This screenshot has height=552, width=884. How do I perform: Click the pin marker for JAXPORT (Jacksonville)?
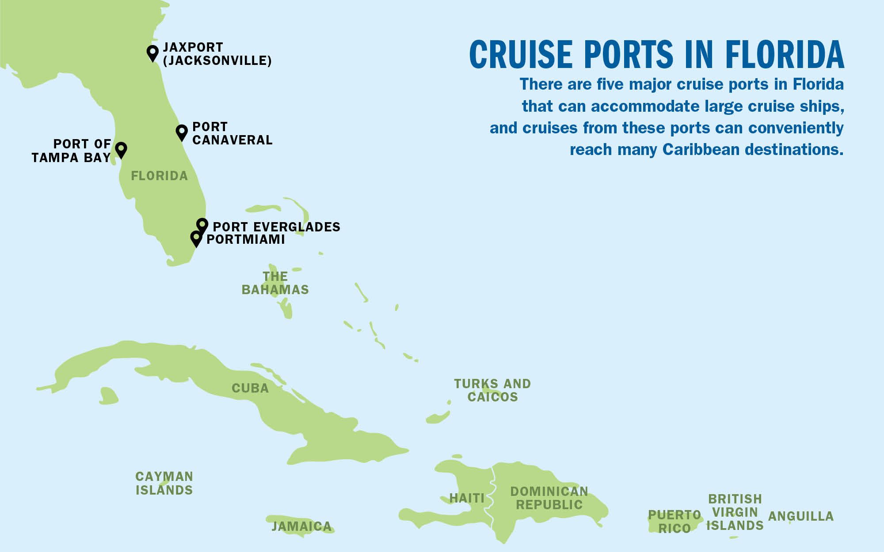coord(152,52)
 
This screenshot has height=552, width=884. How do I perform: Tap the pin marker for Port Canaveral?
coord(182,131)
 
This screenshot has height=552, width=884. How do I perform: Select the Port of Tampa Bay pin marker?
coord(121,149)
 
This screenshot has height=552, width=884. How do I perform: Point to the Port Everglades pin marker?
coord(202,225)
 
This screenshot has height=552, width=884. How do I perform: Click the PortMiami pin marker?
coord(196,238)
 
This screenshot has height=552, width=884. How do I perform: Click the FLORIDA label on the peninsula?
coord(160,176)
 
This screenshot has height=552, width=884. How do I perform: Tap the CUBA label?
coord(250,388)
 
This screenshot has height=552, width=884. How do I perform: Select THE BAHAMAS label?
coord(275,283)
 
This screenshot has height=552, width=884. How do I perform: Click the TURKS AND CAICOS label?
coord(492,390)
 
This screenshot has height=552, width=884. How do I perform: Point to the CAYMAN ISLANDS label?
coord(164,483)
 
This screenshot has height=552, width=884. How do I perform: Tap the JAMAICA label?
coord(301,526)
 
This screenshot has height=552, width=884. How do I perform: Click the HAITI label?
coord(467,498)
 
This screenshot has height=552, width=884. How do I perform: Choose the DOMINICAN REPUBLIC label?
coord(549,498)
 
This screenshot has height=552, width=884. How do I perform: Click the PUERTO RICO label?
coord(674,522)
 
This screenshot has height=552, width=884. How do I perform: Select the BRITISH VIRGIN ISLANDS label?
coord(735,512)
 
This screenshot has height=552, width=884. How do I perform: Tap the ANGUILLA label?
coord(801,516)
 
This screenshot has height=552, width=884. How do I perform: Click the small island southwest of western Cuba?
coord(108,396)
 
